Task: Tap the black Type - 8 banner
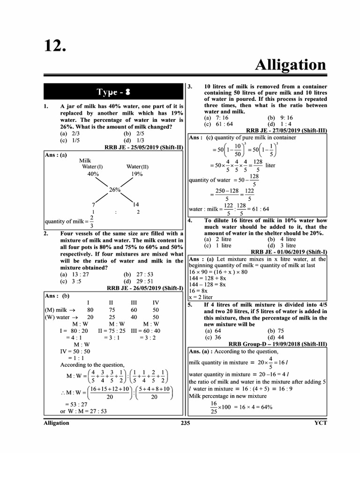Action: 113,91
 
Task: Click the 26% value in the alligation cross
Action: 115,190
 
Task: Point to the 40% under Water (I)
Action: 93,173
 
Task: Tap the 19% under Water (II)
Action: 137,173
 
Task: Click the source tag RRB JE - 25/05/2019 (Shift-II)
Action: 143,147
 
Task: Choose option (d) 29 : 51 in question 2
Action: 138,281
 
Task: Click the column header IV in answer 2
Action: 156,303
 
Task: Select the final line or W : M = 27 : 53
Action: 83,411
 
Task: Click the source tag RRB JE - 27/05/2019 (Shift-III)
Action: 286,131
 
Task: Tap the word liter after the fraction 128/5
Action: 271,165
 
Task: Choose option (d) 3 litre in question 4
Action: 282,245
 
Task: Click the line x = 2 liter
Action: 201,297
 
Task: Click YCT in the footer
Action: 320,423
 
